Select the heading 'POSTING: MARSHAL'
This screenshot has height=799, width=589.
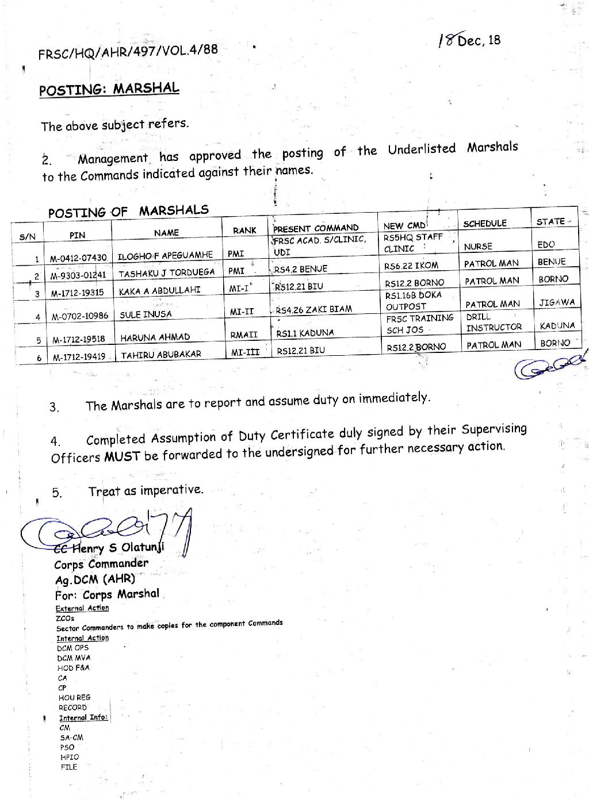109,90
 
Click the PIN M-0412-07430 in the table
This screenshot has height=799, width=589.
78,258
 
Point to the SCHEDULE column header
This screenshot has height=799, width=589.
484,224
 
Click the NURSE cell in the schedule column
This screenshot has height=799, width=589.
478,247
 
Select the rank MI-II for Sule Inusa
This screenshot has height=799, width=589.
242,312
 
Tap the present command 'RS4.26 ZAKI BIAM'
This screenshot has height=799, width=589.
313,310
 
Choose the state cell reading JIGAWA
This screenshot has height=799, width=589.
557,302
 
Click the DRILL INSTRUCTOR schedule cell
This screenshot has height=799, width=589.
493,322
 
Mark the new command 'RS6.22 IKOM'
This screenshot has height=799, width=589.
411,266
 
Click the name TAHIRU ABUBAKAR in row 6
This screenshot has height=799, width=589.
160,355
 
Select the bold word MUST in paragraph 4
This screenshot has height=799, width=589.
122,457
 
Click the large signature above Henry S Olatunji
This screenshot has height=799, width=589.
109,529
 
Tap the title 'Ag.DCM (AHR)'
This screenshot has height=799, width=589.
95,579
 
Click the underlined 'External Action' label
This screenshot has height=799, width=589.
82,608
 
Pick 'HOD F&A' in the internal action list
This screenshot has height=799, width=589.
73,668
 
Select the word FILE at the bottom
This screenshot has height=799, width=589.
68,767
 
